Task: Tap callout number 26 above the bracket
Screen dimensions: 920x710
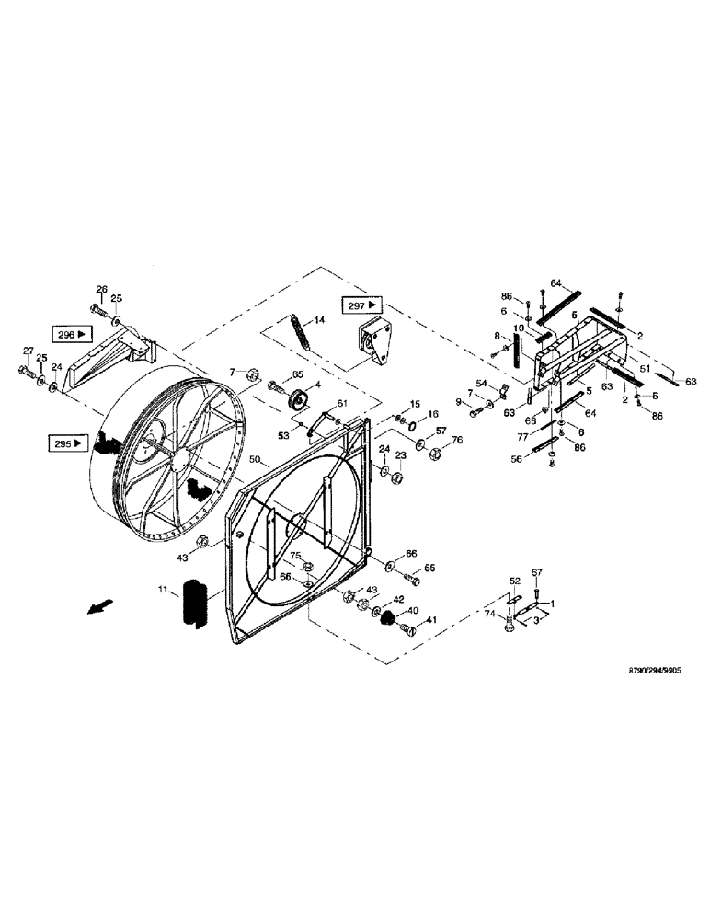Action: (x=101, y=288)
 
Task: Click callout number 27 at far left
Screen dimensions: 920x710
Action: (x=28, y=351)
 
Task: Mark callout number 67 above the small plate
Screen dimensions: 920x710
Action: (x=538, y=572)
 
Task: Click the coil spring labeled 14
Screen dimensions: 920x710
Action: (x=299, y=332)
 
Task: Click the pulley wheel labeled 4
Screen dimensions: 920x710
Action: (x=297, y=401)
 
